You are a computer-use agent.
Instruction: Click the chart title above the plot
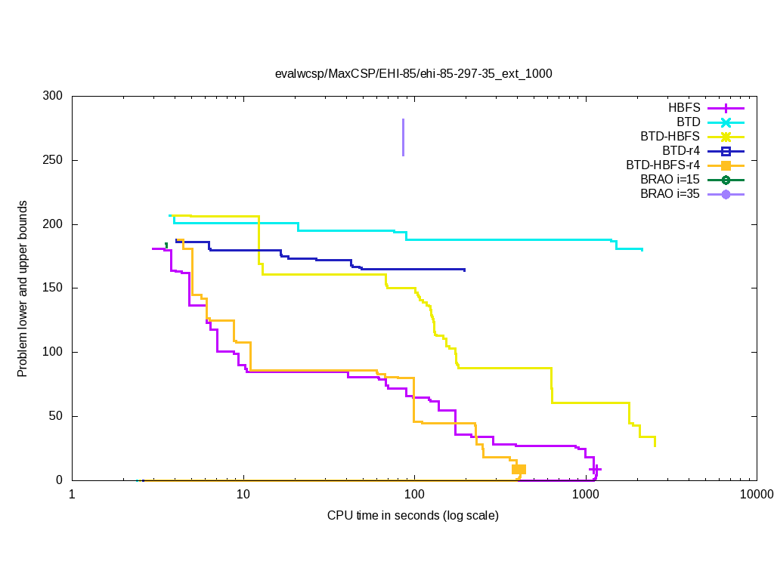pos(413,74)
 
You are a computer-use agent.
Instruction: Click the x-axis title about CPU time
pos(413,516)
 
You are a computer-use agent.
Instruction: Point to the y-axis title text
pos(23,289)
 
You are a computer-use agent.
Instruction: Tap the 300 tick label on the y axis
pos(53,97)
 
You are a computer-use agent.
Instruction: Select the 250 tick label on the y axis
pos(53,161)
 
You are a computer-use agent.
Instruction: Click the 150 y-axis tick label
pos(53,288)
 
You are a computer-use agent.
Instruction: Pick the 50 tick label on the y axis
pos(56,416)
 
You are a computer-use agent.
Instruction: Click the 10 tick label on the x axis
pos(243,495)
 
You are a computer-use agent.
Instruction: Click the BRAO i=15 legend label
pos(670,180)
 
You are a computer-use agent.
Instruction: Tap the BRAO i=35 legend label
pos(670,194)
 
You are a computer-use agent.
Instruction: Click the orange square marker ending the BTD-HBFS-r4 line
pos(519,470)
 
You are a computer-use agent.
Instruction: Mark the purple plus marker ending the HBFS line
pos(596,469)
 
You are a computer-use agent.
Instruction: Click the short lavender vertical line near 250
pos(403,137)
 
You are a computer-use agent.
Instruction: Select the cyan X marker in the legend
pos(725,122)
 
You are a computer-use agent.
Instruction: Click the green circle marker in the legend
pos(725,180)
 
